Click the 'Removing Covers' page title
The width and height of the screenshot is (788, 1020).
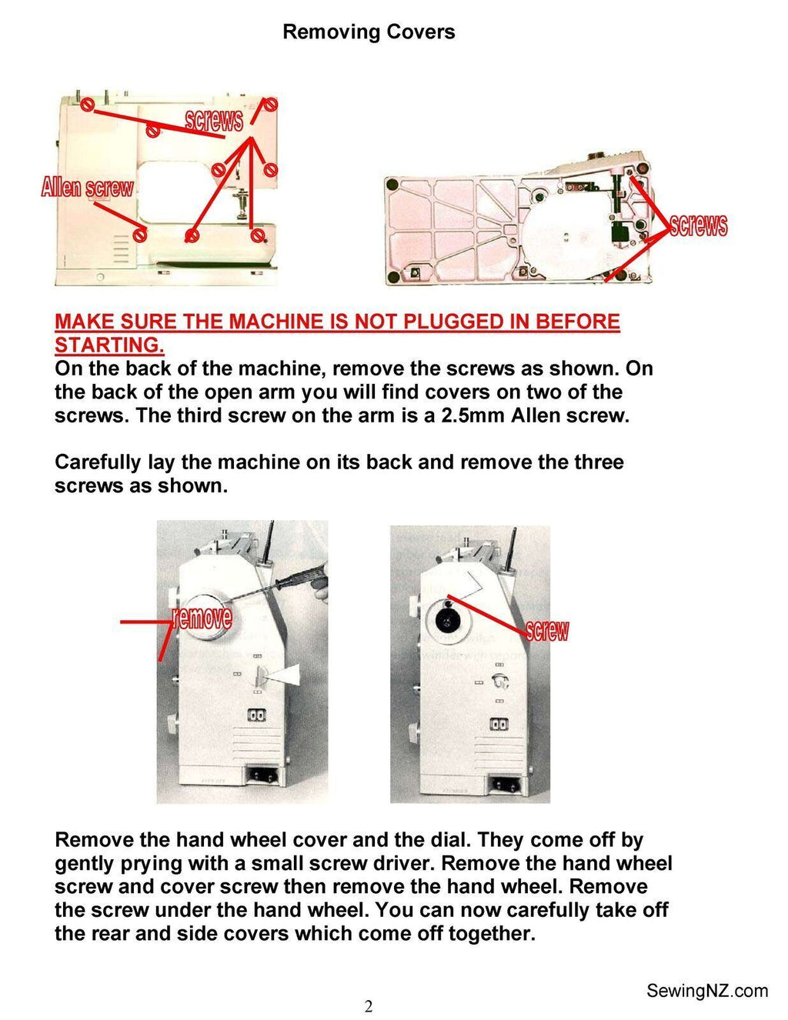[369, 32]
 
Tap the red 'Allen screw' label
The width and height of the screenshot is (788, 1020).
[87, 187]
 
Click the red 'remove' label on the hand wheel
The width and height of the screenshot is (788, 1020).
[202, 617]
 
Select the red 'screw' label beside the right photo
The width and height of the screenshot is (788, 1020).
[547, 631]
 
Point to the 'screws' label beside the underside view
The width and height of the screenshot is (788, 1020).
[698, 225]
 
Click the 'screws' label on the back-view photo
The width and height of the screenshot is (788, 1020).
[213, 119]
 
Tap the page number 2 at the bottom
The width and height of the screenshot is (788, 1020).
[369, 1006]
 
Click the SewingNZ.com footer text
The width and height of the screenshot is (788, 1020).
[706, 990]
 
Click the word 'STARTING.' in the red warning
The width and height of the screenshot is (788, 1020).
[109, 345]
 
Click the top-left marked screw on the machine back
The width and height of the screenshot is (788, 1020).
[87, 104]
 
